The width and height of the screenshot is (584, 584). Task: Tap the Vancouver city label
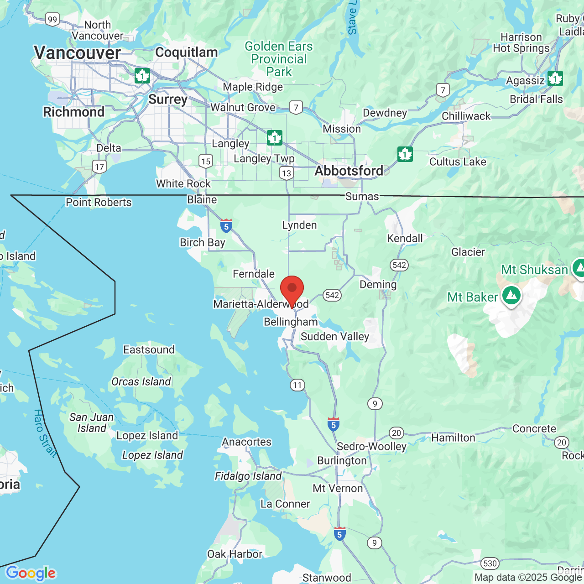pos(78,53)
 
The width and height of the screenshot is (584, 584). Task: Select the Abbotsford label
pos(349,171)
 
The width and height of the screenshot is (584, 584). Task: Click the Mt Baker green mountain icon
pos(511,296)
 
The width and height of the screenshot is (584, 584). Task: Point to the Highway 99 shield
pos(52,20)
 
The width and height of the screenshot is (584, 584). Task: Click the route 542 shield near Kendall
pos(399,265)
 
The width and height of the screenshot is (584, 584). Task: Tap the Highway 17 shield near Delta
pos(99,167)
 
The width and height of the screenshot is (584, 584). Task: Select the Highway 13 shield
pos(287,173)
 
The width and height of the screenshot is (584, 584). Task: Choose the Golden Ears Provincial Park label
pos(279,59)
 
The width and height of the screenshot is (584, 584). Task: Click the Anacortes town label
pos(247,442)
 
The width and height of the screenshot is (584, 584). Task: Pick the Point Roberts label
pos(99,202)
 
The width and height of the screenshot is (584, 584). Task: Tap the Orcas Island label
pos(141,381)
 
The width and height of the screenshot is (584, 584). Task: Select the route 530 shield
pos(490,563)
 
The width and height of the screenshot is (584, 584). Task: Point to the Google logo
pos(31,573)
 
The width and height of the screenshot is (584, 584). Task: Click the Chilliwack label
pos(466,116)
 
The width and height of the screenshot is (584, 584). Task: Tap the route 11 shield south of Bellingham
pos(297,385)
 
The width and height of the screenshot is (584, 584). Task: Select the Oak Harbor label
pos(235,554)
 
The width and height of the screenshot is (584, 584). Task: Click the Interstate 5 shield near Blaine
pos(226,226)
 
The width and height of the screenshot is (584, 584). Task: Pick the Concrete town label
pos(534,428)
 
